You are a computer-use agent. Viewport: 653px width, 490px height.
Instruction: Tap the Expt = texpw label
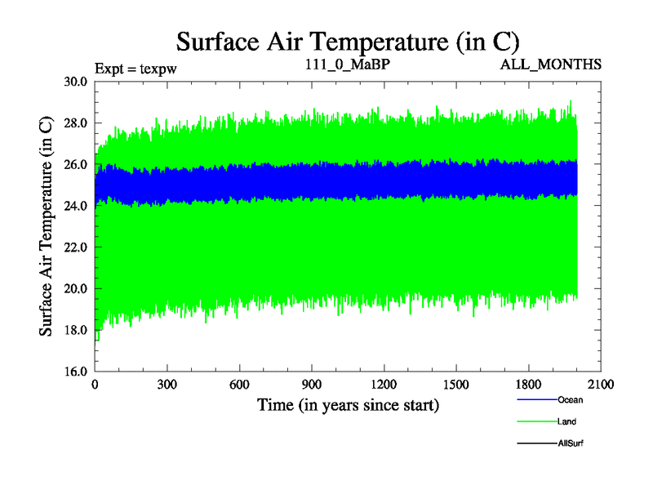pyautogui.click(x=135, y=68)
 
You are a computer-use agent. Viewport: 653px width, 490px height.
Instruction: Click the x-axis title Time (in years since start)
pyautogui.click(x=348, y=404)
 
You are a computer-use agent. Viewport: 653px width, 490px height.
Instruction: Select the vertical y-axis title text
pyautogui.click(x=47, y=226)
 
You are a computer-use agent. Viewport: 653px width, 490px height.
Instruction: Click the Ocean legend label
pyautogui.click(x=571, y=400)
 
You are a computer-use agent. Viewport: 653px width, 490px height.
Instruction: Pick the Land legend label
pyautogui.click(x=567, y=421)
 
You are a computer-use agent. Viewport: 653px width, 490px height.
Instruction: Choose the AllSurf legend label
pyautogui.click(x=571, y=443)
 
